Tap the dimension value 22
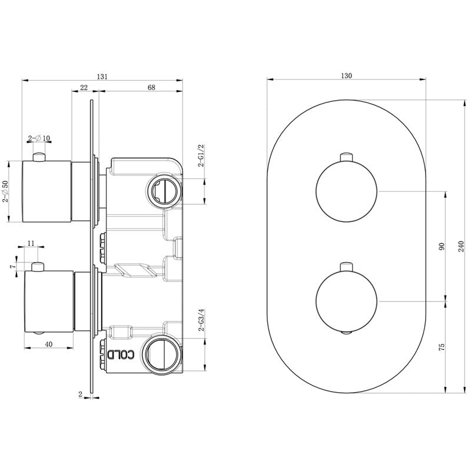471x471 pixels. [84, 87]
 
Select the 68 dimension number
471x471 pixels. [151, 87]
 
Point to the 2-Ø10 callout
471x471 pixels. [39, 138]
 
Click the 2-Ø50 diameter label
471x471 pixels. [5, 191]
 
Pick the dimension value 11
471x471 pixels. [32, 242]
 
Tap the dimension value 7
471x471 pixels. [12, 267]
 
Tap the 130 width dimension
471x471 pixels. [346, 76]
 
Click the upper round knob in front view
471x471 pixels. [346, 192]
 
